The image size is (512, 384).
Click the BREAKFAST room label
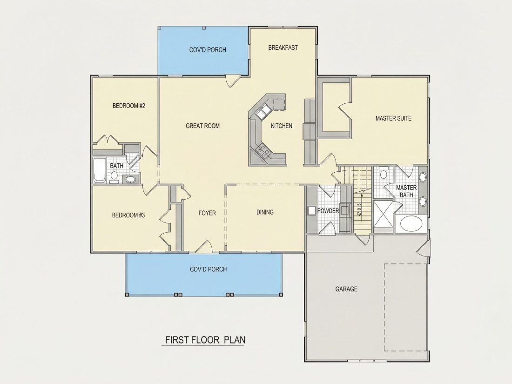point(283,47)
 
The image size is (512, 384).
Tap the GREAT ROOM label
point(202,126)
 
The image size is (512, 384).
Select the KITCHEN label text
point(282,126)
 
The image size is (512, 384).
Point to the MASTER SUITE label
point(393,118)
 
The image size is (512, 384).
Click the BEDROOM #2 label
point(128,106)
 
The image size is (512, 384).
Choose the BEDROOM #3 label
point(128,215)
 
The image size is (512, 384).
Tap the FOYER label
point(207,213)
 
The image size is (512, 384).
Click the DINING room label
point(265,212)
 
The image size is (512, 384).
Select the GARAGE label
point(346,289)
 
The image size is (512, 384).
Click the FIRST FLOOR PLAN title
point(205,340)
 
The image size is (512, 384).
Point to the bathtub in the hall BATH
point(99,170)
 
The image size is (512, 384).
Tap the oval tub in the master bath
point(411,224)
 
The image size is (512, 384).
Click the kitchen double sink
point(263,112)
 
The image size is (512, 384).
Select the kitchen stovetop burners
point(263,151)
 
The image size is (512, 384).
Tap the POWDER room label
point(328,211)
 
